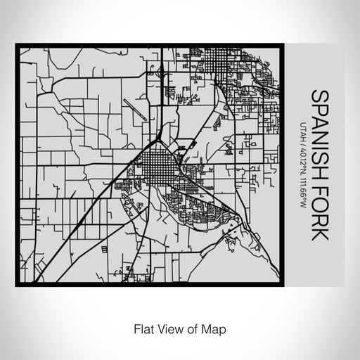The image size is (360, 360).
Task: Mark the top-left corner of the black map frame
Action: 17,46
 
